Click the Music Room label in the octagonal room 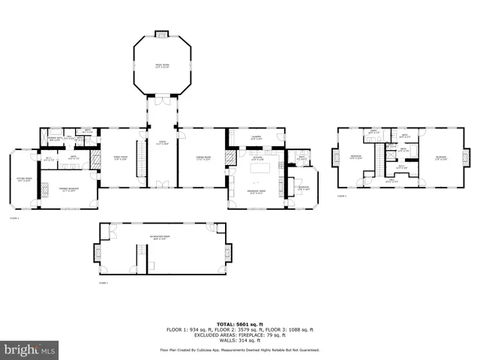tap(162, 64)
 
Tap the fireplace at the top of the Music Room tap(162, 34)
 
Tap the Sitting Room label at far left tap(24, 179)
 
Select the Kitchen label tap(256, 158)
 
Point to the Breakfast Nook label tap(256, 192)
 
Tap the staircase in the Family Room tap(139, 158)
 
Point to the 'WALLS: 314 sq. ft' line tap(239, 340)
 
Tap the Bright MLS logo tap(30, 349)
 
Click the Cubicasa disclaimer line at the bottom tap(239, 349)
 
